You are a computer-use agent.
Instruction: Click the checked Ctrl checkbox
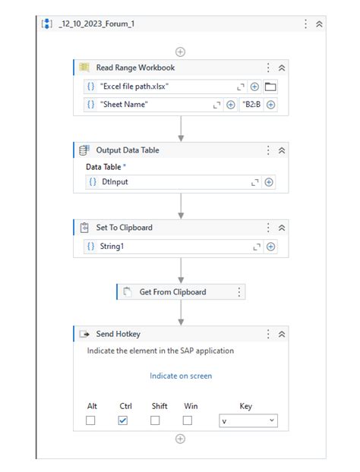tap(123, 420)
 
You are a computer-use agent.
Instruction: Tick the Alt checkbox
tap(90, 420)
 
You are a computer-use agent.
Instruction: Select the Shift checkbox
tap(155, 420)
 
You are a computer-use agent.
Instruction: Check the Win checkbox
tap(188, 420)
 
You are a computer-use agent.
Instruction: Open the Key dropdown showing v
tap(248, 420)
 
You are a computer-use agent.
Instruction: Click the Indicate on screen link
tap(181, 376)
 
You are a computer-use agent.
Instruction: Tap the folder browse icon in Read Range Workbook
tap(270, 87)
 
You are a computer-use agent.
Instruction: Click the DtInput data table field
tap(167, 182)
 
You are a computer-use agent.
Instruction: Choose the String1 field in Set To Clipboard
tap(167, 247)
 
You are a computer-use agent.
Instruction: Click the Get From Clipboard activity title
tap(172, 291)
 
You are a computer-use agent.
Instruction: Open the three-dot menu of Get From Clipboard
tap(239, 291)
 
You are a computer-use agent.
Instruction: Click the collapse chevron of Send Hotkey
tap(282, 334)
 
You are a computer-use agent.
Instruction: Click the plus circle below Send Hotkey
tap(180, 439)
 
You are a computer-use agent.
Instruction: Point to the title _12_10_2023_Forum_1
tap(96, 24)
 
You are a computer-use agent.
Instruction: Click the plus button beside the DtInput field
tap(270, 182)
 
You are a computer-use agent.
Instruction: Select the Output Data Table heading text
tap(128, 150)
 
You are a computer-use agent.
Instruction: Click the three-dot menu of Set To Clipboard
tap(268, 227)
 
